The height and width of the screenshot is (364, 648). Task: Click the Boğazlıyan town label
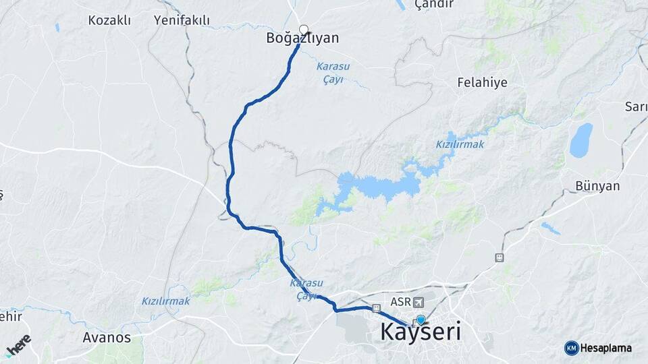click(x=303, y=39)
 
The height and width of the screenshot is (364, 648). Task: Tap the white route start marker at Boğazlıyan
click(x=304, y=29)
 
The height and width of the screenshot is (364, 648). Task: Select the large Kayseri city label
click(x=421, y=332)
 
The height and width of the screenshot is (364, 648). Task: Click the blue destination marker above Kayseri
click(x=421, y=320)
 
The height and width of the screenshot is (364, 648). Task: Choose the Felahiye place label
click(x=482, y=82)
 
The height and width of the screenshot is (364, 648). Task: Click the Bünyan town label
click(x=597, y=186)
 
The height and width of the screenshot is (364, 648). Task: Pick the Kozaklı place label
click(x=109, y=20)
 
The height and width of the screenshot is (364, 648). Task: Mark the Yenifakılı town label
click(x=182, y=20)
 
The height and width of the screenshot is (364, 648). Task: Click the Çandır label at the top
click(x=433, y=5)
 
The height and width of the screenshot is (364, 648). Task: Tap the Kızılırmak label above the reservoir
click(x=460, y=144)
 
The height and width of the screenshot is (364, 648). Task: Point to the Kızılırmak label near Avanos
click(x=165, y=301)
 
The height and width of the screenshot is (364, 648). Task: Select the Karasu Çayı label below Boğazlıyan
click(x=330, y=73)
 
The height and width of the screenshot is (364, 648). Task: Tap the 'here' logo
click(x=18, y=344)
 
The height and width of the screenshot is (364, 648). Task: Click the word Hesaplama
click(x=606, y=348)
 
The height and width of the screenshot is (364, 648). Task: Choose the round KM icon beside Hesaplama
click(x=571, y=348)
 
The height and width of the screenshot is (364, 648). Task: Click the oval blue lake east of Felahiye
click(x=580, y=140)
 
